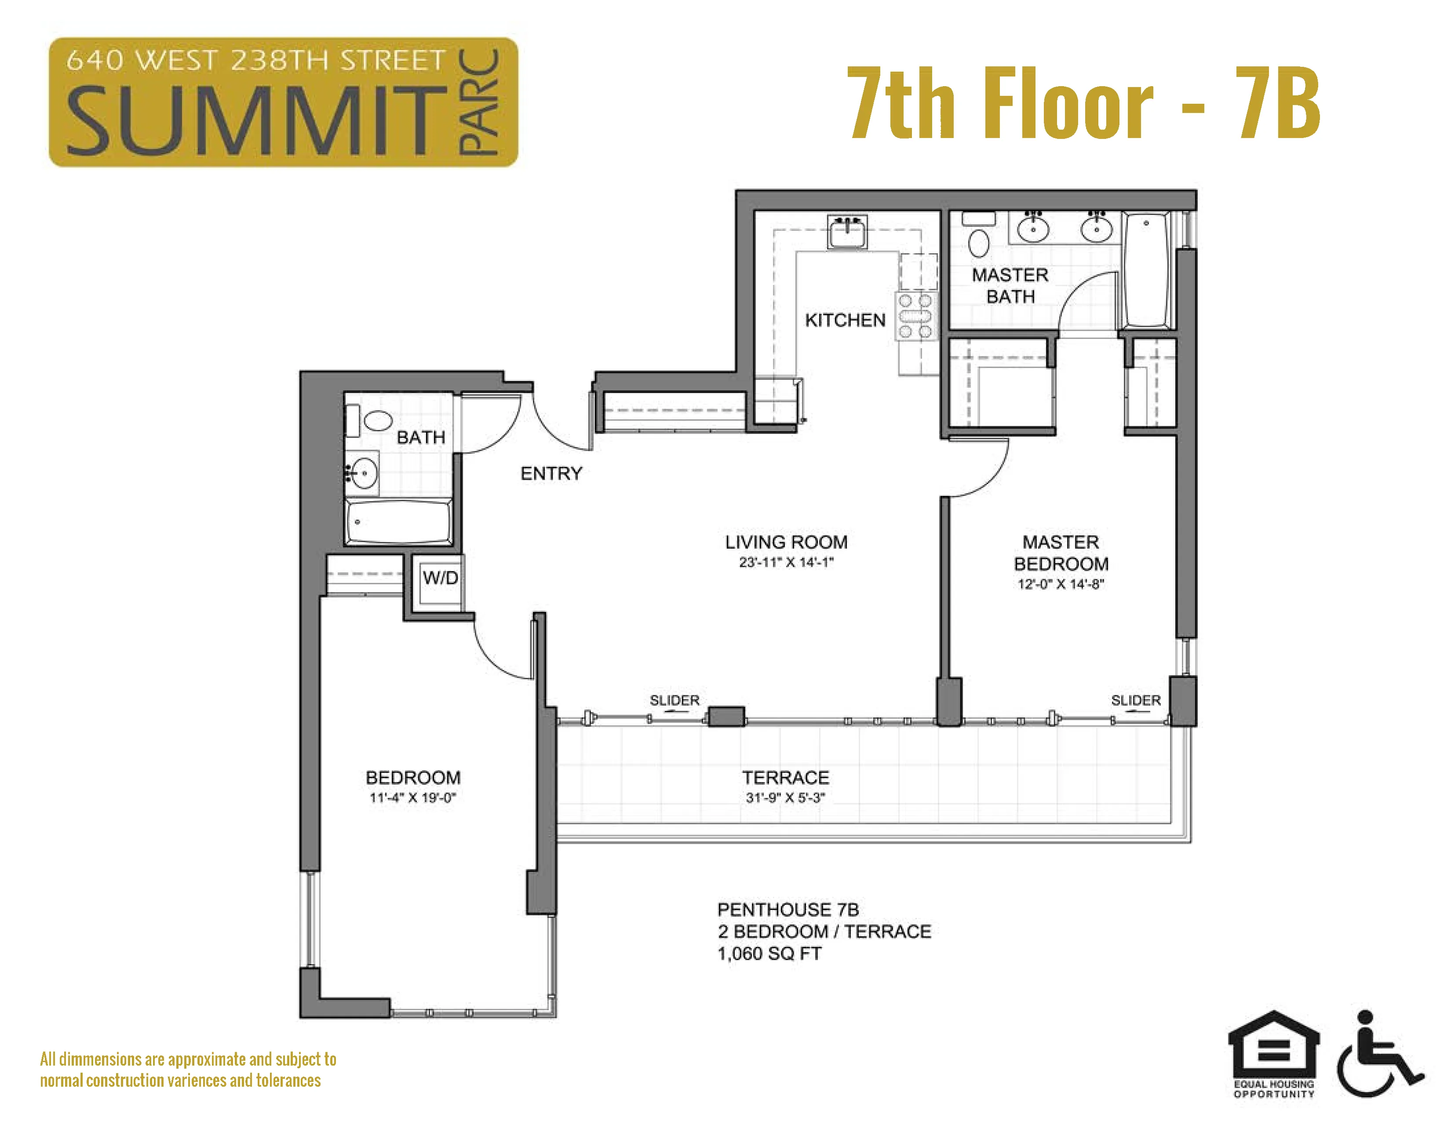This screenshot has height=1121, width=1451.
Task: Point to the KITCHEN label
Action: (845, 320)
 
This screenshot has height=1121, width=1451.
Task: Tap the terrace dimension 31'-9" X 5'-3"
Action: (785, 797)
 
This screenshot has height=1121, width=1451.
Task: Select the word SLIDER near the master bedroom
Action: (1135, 700)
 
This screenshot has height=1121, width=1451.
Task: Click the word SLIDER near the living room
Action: (674, 700)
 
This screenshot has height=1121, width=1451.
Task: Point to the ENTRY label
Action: (551, 473)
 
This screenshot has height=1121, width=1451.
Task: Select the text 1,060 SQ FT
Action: (769, 954)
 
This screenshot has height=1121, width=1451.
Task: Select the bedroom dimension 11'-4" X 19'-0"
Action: (412, 797)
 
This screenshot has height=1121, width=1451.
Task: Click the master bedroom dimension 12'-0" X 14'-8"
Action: (1061, 584)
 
